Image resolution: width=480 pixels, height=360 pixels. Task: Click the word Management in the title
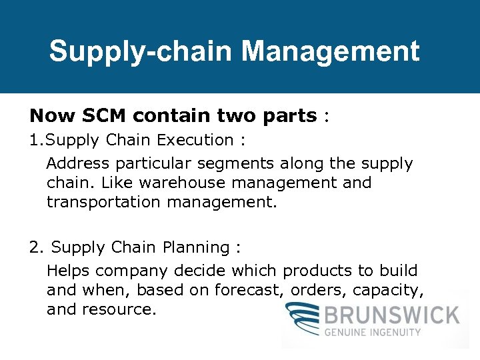click(x=331, y=51)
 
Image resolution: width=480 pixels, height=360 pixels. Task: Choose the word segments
click(x=231, y=163)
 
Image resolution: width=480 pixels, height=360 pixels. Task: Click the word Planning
click(x=196, y=247)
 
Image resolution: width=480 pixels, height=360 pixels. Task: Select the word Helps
click(x=69, y=271)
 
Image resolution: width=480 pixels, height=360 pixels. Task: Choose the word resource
click(x=121, y=309)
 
